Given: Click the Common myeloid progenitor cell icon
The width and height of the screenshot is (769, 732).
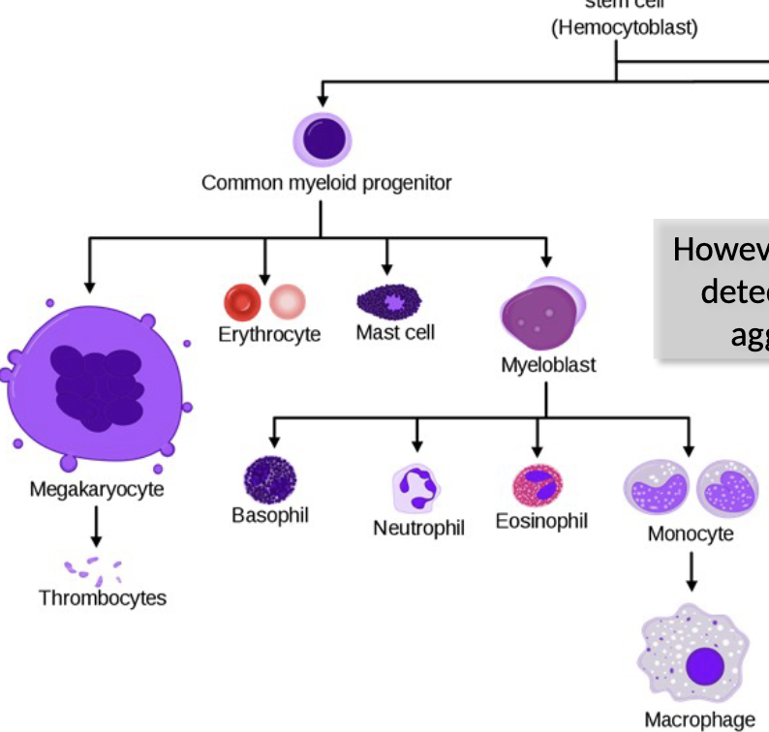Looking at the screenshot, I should click(x=324, y=138).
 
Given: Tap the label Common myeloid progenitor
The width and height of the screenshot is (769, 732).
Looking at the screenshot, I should click(x=326, y=183).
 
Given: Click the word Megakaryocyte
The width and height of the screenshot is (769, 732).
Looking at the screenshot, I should click(x=97, y=489).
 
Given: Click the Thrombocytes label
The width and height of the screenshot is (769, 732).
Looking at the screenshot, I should click(x=103, y=598).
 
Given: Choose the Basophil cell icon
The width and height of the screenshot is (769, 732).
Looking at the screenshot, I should click(x=269, y=479).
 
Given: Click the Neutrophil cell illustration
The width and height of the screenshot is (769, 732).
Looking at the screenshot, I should click(x=417, y=487).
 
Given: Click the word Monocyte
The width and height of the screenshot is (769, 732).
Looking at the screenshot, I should click(x=691, y=534).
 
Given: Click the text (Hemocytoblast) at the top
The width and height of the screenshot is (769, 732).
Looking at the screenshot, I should click(x=624, y=27).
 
